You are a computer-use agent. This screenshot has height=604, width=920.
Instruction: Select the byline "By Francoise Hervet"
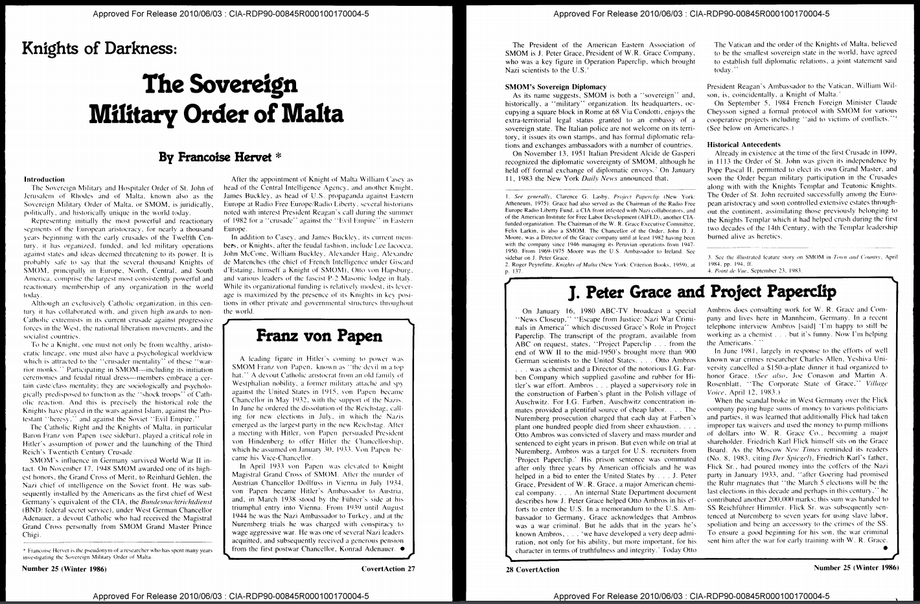click(x=220, y=156)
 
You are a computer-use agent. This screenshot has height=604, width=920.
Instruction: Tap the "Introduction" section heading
click(x=44, y=179)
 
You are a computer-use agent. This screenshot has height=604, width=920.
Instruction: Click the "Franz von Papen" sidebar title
click(x=318, y=335)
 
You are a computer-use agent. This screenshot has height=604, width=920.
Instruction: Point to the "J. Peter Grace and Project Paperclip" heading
click(x=702, y=292)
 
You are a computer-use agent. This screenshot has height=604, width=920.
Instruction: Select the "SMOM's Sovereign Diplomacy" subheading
click(x=555, y=86)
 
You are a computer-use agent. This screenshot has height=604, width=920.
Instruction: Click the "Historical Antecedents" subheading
click(x=744, y=144)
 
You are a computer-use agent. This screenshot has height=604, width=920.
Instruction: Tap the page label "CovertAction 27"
click(x=389, y=569)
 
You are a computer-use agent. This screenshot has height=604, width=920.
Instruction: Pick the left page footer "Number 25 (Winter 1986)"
click(x=64, y=569)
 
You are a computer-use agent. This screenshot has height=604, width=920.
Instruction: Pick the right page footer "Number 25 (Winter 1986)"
click(x=855, y=567)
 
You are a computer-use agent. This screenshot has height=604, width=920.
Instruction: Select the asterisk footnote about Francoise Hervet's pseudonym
click(x=119, y=553)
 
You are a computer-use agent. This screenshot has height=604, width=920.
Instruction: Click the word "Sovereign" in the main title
click(x=220, y=84)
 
